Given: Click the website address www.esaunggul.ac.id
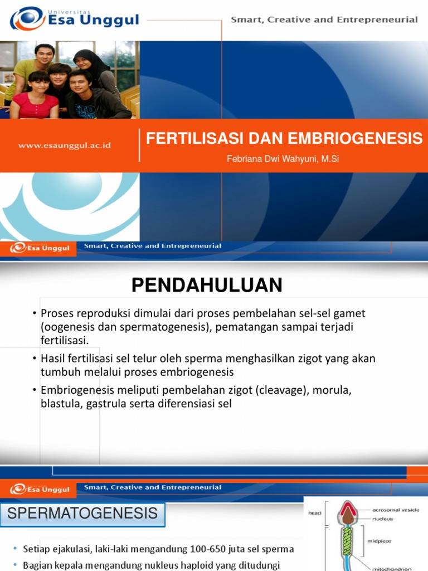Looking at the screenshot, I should pos(65,146).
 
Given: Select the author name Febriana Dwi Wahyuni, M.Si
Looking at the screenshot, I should pos(283,159).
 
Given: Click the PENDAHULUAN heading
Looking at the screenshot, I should pos(207,285).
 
